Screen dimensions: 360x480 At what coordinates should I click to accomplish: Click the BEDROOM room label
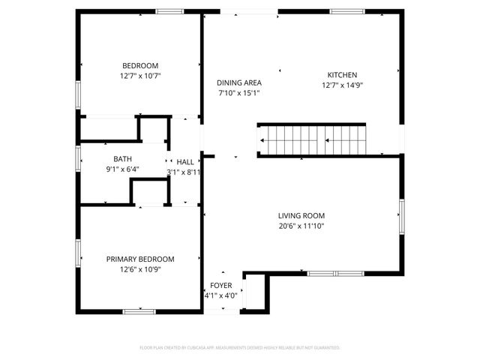click(x=140, y=65)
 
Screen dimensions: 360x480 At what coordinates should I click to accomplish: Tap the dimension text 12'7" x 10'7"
click(x=140, y=76)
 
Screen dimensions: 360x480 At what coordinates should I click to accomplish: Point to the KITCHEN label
click(x=342, y=74)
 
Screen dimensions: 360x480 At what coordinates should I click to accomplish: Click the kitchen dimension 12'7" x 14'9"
click(x=342, y=85)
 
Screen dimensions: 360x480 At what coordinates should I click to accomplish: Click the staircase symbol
click(x=312, y=139)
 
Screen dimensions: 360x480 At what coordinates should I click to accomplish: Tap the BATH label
click(x=123, y=159)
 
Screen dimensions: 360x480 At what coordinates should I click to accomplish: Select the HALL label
click(x=184, y=162)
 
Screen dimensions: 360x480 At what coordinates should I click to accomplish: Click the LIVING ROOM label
click(x=300, y=214)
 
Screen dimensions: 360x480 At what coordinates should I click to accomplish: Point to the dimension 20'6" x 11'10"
click(x=300, y=225)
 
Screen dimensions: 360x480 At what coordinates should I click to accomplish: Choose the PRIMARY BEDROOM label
click(x=140, y=259)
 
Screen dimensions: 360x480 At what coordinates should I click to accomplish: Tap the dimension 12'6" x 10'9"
click(x=140, y=269)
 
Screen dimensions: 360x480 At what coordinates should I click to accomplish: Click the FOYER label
click(x=220, y=286)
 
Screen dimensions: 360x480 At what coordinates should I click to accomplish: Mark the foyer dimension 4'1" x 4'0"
click(x=220, y=295)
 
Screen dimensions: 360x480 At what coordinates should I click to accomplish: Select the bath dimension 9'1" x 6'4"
click(x=123, y=169)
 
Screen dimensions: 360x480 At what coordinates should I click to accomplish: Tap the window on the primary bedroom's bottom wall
click(x=139, y=311)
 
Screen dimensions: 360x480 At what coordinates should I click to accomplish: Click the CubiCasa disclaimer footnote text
click(x=240, y=348)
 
